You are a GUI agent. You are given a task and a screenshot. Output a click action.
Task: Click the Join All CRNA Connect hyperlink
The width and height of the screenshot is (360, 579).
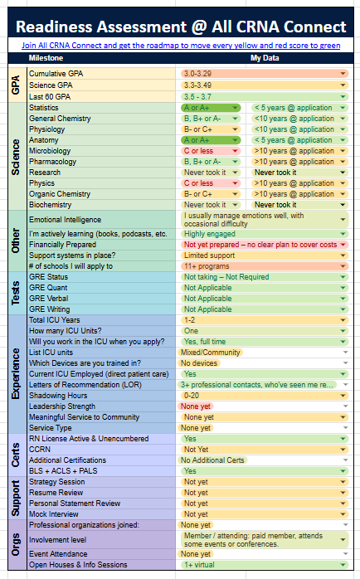181,46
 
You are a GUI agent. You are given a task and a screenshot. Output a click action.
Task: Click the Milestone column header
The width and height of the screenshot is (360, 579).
46,58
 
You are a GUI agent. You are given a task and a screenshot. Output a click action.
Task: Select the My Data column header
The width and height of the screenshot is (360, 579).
265,58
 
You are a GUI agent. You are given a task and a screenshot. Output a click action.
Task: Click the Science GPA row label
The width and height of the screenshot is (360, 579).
51,85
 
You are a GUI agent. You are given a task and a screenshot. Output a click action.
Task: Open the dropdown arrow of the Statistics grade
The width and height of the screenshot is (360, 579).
236,108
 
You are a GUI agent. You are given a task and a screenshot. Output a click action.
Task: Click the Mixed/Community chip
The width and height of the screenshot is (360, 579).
210,353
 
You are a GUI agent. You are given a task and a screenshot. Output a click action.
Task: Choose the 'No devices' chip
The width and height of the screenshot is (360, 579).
199,363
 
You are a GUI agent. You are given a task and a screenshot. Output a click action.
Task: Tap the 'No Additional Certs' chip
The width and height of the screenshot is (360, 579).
212,460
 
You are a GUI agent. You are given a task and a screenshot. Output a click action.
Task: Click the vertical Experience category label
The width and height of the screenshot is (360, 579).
16,373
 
